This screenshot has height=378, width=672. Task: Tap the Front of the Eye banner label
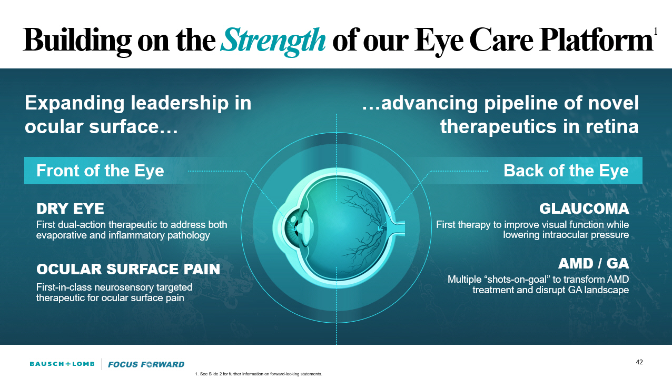(x=100, y=171)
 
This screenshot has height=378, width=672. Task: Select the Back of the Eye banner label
(x=566, y=171)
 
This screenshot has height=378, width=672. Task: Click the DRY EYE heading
(x=70, y=209)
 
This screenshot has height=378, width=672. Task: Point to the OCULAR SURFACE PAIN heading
(x=128, y=269)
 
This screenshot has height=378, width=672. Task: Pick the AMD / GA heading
(x=594, y=263)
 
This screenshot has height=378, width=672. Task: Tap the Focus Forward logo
(x=146, y=364)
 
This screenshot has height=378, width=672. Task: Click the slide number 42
(x=639, y=362)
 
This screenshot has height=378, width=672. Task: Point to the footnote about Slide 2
(x=258, y=374)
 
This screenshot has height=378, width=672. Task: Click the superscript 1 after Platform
(x=655, y=32)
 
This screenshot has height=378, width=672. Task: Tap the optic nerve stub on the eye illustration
(x=397, y=227)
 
